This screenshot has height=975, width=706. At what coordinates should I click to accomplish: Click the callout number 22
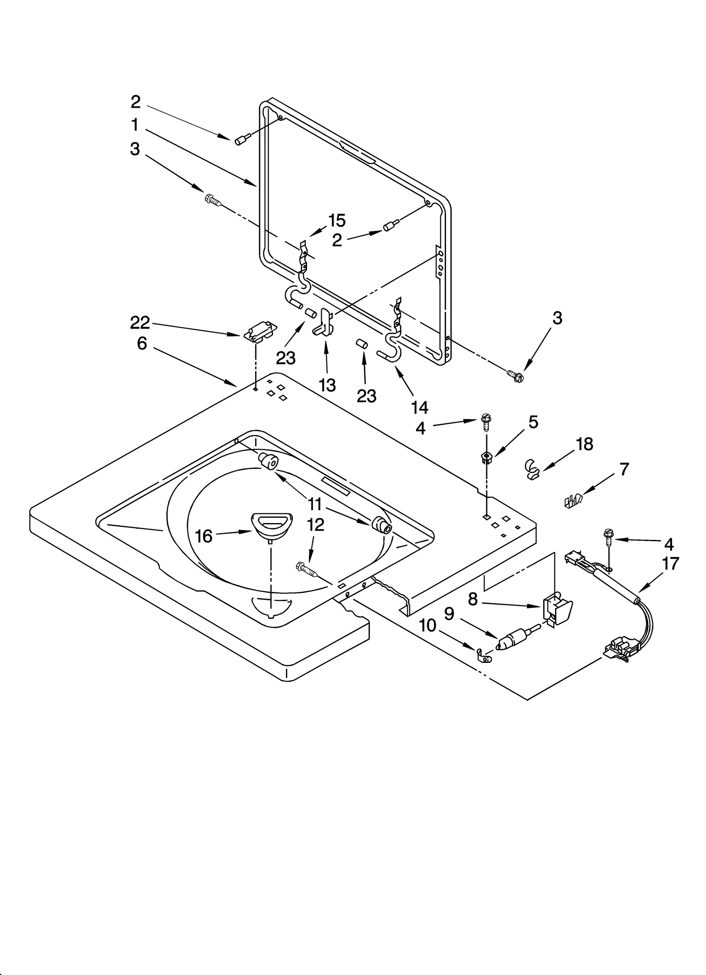pyautogui.click(x=140, y=323)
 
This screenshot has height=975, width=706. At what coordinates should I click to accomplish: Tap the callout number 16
pyautogui.click(x=204, y=536)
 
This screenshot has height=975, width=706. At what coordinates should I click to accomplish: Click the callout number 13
pyautogui.click(x=327, y=385)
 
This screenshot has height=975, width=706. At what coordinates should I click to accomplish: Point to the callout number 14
pyautogui.click(x=420, y=407)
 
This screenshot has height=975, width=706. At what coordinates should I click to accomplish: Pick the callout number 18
pyautogui.click(x=585, y=444)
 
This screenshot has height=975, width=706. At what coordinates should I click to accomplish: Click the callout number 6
pyautogui.click(x=142, y=343)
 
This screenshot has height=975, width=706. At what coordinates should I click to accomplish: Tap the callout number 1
pyautogui.click(x=135, y=125)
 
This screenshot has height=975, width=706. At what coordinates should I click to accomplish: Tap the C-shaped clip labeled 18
pyautogui.click(x=533, y=470)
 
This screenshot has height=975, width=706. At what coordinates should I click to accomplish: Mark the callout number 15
pyautogui.click(x=337, y=220)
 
